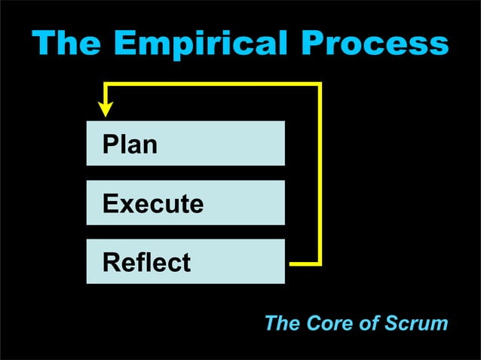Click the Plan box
(185, 143)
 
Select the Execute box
(185, 203)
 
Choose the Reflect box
(185, 261)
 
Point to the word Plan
(130, 144)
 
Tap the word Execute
(152, 203)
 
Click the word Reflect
(146, 262)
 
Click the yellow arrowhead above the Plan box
(106, 109)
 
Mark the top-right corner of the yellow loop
(320, 85)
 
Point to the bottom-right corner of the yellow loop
(320, 264)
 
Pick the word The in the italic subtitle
(283, 324)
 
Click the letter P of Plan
(110, 144)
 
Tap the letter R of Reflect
(111, 262)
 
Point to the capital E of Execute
(110, 203)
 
